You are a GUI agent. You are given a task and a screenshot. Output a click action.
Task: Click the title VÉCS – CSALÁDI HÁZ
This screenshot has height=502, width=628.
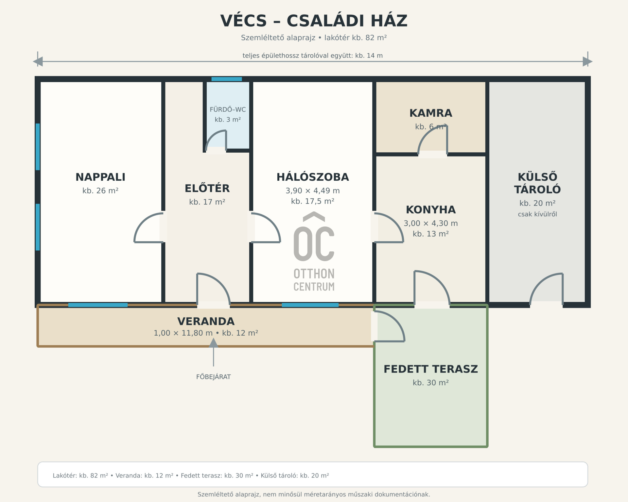[314, 21]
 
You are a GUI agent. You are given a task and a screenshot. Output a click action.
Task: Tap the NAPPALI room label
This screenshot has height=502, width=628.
[100, 177]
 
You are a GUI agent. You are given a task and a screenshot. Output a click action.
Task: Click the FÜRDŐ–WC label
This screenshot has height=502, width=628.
[228, 109]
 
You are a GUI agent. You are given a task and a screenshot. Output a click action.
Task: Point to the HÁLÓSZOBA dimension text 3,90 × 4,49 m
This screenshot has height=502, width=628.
[313, 191]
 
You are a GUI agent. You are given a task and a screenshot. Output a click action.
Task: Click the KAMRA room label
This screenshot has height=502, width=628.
[431, 113]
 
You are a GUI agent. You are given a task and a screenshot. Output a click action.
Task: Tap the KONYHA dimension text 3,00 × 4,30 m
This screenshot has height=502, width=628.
[431, 223]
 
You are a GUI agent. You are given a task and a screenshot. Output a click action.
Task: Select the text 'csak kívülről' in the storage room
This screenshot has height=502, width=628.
[537, 214]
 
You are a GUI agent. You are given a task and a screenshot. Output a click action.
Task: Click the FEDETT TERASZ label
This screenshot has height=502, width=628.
[431, 369]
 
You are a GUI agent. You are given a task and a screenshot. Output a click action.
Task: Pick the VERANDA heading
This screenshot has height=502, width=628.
[206, 321]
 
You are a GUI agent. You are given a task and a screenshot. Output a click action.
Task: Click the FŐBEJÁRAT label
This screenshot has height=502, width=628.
[214, 377]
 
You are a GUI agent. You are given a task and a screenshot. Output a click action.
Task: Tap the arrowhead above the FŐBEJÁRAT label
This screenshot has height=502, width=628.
[214, 343]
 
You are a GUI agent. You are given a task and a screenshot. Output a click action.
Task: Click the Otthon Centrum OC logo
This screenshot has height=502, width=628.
[314, 252]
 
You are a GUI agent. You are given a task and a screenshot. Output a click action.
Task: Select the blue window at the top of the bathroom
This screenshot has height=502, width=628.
[227, 79]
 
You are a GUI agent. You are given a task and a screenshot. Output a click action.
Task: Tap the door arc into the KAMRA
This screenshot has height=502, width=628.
[433, 139]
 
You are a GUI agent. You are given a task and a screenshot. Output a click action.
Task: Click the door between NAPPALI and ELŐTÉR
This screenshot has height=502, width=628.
[149, 227]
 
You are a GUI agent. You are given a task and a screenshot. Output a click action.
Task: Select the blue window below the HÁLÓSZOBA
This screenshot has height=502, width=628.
[310, 305]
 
